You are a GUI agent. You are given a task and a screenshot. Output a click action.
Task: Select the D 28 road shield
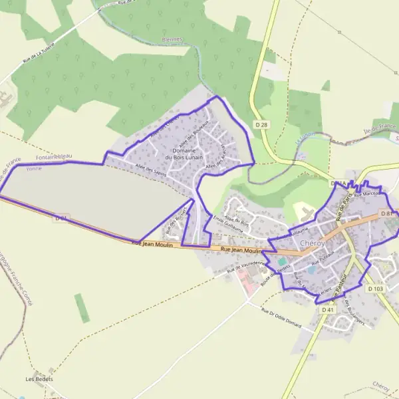point(262,124)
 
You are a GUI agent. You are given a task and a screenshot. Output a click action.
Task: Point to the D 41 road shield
point(327,310)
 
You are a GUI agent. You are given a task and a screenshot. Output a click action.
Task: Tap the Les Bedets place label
point(39,379)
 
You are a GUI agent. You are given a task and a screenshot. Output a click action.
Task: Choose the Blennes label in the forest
point(172,39)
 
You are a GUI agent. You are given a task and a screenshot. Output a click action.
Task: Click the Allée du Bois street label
point(236,219)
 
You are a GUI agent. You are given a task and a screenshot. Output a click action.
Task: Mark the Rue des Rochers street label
point(174,222)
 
